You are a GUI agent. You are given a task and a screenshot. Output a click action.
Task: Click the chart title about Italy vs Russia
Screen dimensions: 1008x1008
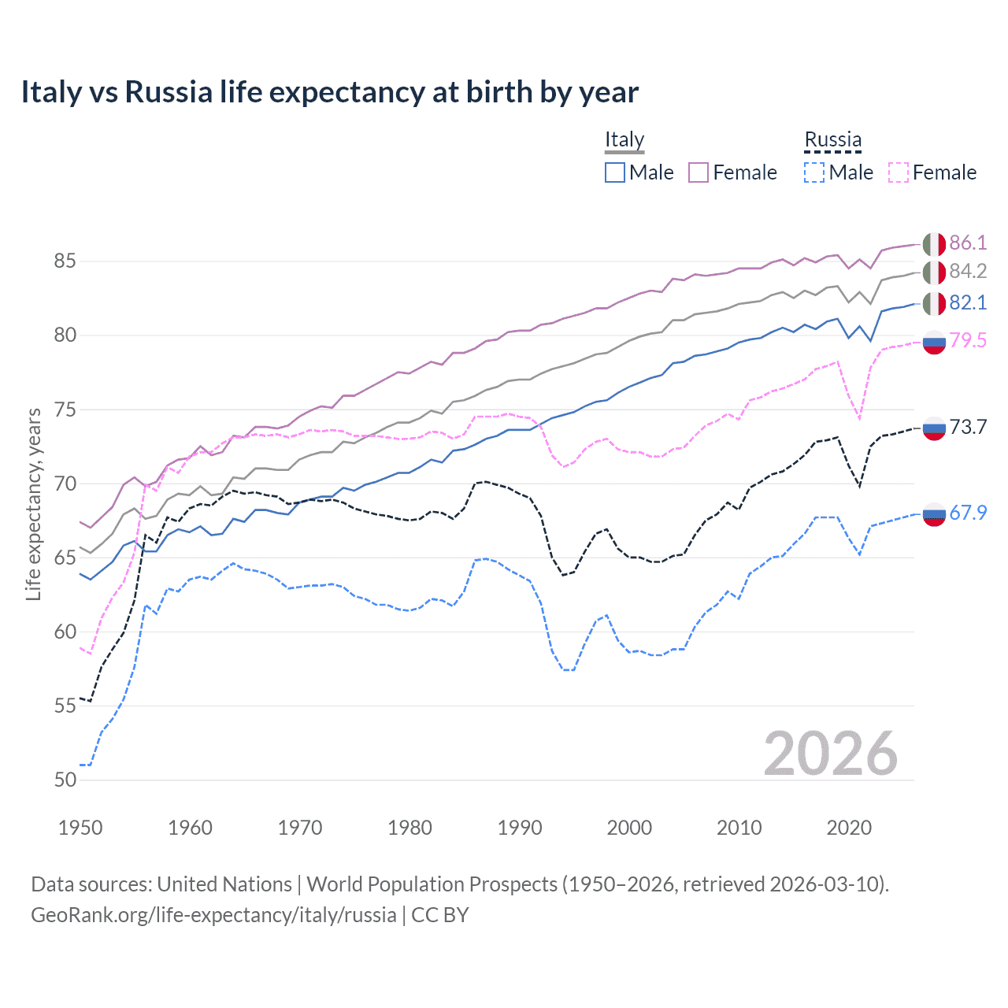(x=329, y=92)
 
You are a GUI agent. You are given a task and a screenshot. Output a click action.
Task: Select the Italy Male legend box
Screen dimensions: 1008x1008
(x=615, y=172)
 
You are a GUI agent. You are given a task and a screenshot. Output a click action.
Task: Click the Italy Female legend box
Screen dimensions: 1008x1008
(x=699, y=172)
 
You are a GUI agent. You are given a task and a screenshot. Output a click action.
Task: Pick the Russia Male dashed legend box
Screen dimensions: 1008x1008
(x=814, y=172)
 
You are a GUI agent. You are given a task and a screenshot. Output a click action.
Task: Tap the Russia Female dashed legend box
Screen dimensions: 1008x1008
(x=899, y=172)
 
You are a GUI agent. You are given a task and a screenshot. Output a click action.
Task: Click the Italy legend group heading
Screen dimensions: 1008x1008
(x=624, y=139)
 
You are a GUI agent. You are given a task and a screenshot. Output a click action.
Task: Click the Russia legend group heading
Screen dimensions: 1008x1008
(x=832, y=139)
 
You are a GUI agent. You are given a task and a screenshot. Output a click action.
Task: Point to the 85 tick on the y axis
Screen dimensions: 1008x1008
(x=65, y=261)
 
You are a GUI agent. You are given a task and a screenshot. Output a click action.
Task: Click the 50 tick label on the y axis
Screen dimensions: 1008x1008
(x=65, y=780)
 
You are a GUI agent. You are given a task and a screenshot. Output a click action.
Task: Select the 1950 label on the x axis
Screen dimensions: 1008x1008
(x=80, y=828)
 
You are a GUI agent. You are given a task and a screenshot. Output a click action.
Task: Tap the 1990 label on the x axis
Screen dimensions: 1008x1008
(x=520, y=828)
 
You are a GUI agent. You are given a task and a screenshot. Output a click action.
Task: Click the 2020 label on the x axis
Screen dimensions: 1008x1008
(x=849, y=828)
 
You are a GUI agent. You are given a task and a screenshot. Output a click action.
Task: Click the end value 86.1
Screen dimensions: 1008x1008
(x=968, y=243)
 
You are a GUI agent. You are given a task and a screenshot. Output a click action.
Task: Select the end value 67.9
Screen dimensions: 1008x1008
(x=968, y=513)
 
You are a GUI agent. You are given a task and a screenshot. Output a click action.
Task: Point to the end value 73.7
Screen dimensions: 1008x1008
(x=968, y=427)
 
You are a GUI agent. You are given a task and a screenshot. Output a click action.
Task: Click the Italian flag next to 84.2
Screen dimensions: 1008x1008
(x=934, y=272)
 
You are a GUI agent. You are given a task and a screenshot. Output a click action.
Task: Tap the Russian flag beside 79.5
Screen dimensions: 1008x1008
(x=934, y=342)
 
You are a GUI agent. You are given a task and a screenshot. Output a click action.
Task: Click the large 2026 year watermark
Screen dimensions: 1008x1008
(x=831, y=754)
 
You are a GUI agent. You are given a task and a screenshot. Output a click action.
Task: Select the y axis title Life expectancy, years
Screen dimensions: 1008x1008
(x=34, y=504)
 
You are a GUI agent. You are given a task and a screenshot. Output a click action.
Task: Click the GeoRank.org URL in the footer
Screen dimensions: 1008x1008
(x=213, y=915)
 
